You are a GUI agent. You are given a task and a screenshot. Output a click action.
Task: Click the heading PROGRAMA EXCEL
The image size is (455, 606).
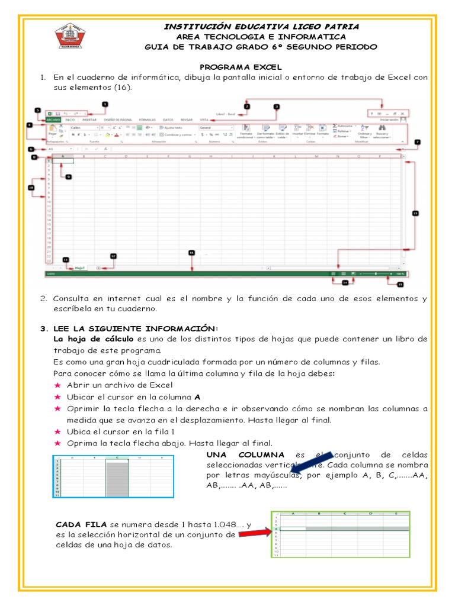(x=241, y=67)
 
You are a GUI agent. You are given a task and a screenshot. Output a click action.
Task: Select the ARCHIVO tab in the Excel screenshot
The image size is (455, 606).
(x=53, y=119)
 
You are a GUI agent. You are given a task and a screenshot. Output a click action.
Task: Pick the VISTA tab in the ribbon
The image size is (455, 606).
(x=204, y=119)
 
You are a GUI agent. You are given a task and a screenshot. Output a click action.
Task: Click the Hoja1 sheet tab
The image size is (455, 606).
(x=80, y=268)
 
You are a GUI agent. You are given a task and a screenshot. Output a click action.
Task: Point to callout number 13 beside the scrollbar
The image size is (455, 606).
(x=415, y=213)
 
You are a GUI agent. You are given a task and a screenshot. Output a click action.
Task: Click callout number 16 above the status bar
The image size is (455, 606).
(x=191, y=253)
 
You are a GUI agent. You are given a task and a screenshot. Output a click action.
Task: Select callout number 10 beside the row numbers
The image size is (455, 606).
(x=31, y=188)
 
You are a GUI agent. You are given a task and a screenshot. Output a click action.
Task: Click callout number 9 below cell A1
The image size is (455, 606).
(x=69, y=176)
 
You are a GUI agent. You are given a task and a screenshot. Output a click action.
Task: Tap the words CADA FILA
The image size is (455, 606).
(x=81, y=524)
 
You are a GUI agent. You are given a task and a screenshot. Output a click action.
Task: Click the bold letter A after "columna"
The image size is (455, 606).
(x=197, y=397)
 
